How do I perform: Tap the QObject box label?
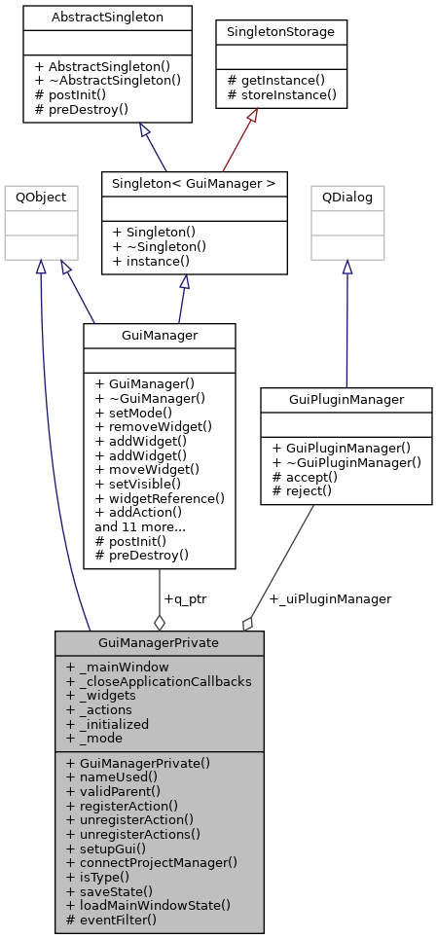click(x=41, y=197)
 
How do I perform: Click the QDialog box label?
click(x=347, y=197)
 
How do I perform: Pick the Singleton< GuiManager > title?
click(x=194, y=182)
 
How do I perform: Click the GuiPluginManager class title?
click(x=346, y=399)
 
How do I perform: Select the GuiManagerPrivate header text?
click(x=159, y=643)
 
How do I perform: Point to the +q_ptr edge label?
click(x=185, y=598)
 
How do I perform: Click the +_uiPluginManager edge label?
click(x=330, y=598)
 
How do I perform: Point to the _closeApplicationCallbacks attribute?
click(x=158, y=681)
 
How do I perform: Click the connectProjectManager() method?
click(x=150, y=862)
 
